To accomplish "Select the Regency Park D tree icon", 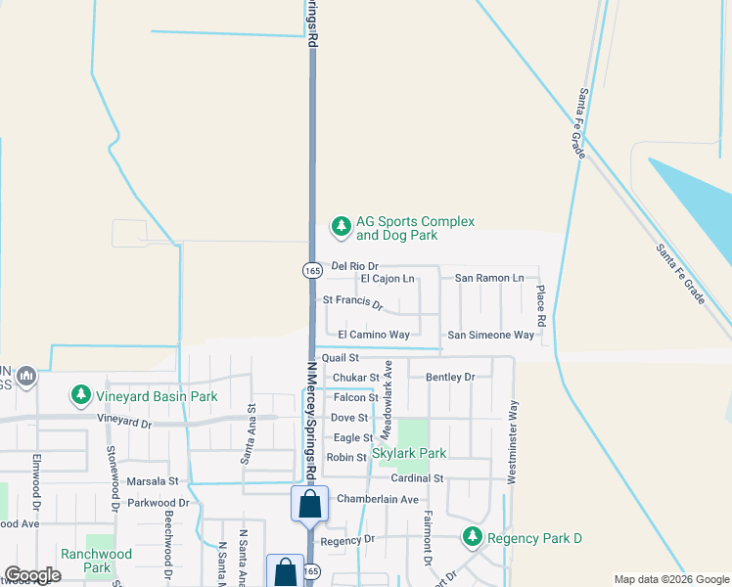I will pyautogui.click(x=473, y=537).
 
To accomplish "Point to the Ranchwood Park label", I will pyautogui.click(x=96, y=561).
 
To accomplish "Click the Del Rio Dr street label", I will pyautogui.click(x=354, y=266).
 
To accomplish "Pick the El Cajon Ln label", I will pyautogui.click(x=388, y=279).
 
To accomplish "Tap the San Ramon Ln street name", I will pyautogui.click(x=496, y=278).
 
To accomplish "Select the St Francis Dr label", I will pyautogui.click(x=353, y=302).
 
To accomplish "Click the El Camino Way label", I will pyautogui.click(x=374, y=335).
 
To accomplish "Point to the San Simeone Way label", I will pyautogui.click(x=491, y=335).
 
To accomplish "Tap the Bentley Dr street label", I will pyautogui.click(x=450, y=377).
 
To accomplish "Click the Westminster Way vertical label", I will pyautogui.click(x=511, y=441).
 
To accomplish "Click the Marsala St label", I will pyautogui.click(x=153, y=481).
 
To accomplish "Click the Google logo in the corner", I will pyautogui.click(x=32, y=575).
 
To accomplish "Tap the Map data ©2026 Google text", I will pyautogui.click(x=670, y=579).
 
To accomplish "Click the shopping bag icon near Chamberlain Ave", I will pyautogui.click(x=309, y=505).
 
